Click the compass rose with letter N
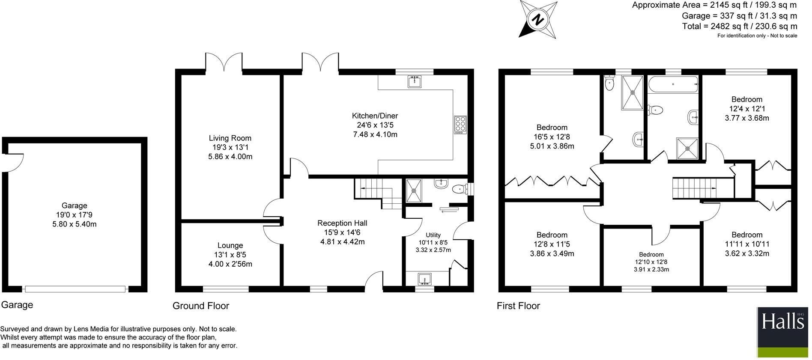pos(539,19)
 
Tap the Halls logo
pos(782,332)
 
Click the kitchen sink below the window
pos(414,81)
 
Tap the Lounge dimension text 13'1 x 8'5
pos(230,255)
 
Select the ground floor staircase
pos(377,193)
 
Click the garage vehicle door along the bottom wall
pos(75,289)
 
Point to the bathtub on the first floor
pos(673,84)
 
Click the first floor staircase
pos(694,187)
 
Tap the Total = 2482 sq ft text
pos(739,27)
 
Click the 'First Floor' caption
pos(518,306)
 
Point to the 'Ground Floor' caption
pos(200,306)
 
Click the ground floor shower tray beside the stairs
pos(414,190)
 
